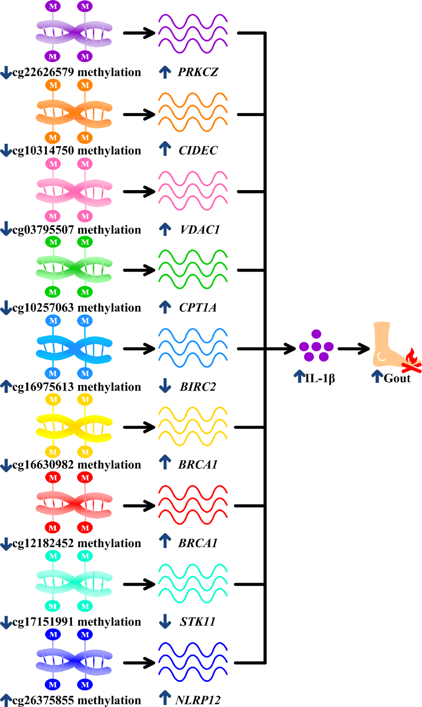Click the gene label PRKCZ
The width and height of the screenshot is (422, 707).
click(x=198, y=72)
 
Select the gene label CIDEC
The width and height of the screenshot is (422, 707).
click(x=198, y=150)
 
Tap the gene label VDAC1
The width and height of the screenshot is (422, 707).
click(x=200, y=229)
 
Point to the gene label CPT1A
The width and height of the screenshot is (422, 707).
click(x=198, y=308)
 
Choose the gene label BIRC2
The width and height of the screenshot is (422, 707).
click(x=198, y=387)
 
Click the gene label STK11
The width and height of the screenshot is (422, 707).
click(x=197, y=622)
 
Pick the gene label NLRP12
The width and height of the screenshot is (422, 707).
click(x=198, y=700)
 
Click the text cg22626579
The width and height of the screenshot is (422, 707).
click(x=43, y=72)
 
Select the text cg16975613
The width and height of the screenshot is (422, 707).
click(x=43, y=387)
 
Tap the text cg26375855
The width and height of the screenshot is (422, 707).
click(x=43, y=700)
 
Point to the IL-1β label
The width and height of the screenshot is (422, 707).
click(x=319, y=378)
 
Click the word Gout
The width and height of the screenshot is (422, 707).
click(x=397, y=378)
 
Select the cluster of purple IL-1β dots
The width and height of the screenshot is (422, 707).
click(x=316, y=346)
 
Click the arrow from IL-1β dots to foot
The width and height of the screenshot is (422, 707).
click(x=354, y=349)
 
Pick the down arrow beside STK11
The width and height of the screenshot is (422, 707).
click(x=165, y=621)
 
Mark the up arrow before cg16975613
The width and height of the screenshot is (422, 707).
click(x=6, y=386)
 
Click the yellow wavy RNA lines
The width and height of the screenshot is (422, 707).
click(x=193, y=427)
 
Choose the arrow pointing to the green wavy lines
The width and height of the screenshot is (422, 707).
click(x=139, y=270)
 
